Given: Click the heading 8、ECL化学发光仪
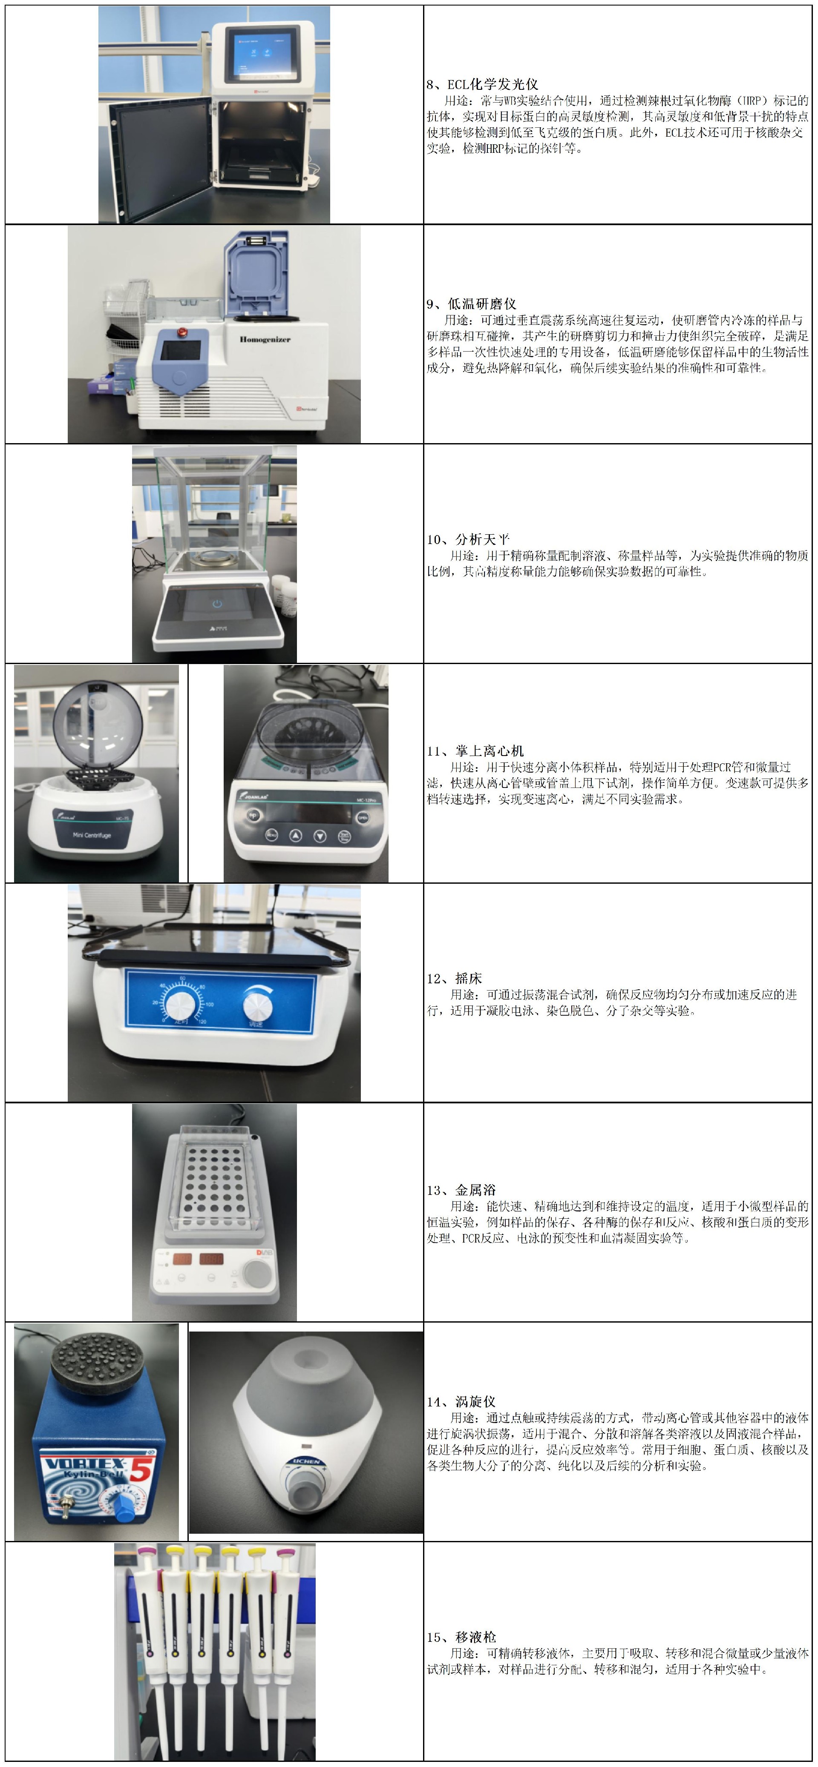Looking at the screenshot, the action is [482, 84].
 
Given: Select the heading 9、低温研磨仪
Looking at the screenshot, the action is [472, 304].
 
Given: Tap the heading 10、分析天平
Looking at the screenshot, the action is [469, 539].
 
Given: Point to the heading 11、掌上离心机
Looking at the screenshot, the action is [475, 751].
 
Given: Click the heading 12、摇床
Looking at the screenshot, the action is [454, 978].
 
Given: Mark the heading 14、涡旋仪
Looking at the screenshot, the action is [461, 1401].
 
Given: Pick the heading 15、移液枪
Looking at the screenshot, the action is [461, 1637].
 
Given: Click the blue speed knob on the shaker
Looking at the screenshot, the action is [258, 1005].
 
